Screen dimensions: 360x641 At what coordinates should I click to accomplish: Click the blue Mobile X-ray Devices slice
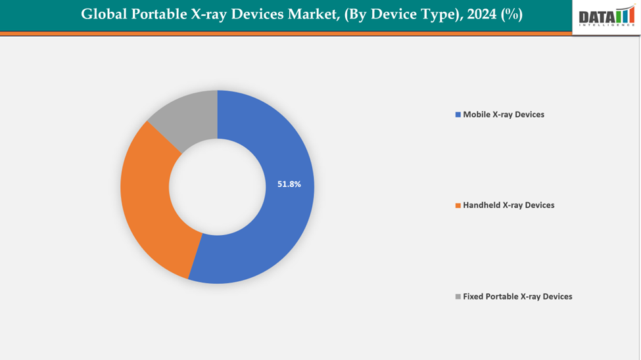click(276, 230)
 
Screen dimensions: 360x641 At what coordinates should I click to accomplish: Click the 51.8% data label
click(289, 185)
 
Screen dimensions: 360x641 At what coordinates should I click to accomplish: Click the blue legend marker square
click(458, 115)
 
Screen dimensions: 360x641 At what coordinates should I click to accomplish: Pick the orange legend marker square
click(458, 206)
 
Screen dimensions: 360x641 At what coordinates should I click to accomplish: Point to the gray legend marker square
click(458, 297)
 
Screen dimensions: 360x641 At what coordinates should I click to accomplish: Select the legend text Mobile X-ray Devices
click(504, 114)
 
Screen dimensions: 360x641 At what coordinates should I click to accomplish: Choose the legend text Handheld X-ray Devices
click(508, 205)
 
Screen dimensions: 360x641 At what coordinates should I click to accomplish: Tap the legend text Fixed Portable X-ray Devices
click(517, 296)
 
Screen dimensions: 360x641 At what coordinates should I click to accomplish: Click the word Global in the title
click(102, 14)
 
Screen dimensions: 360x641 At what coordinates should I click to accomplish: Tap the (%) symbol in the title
click(511, 14)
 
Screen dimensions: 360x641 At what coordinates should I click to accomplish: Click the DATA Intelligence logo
click(606, 16)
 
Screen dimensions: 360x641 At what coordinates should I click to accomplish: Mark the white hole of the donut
click(217, 187)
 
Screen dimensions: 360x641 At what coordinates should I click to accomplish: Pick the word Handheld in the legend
click(482, 205)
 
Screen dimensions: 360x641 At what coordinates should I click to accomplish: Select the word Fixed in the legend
click(473, 296)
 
